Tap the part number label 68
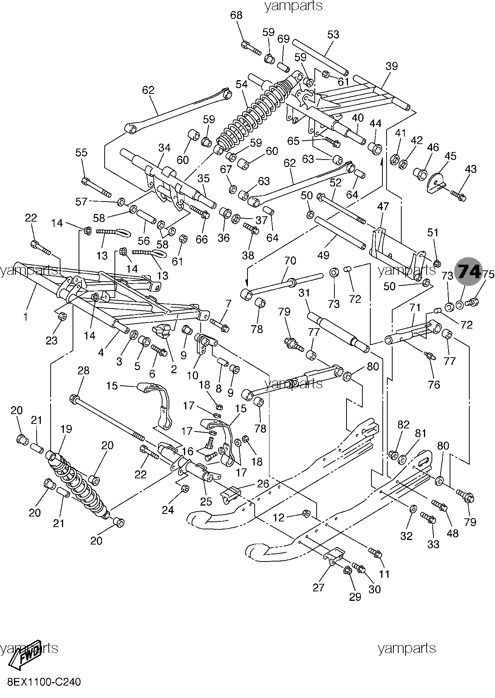point(236,16)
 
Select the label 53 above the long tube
point(333,34)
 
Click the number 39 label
point(392,66)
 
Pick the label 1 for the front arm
point(26,317)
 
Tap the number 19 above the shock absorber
point(66,429)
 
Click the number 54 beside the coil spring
point(241,84)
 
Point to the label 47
point(383,206)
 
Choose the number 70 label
point(290,261)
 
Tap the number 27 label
point(319,588)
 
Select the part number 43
point(471,169)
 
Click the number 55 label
point(81,153)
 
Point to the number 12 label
point(278,517)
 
